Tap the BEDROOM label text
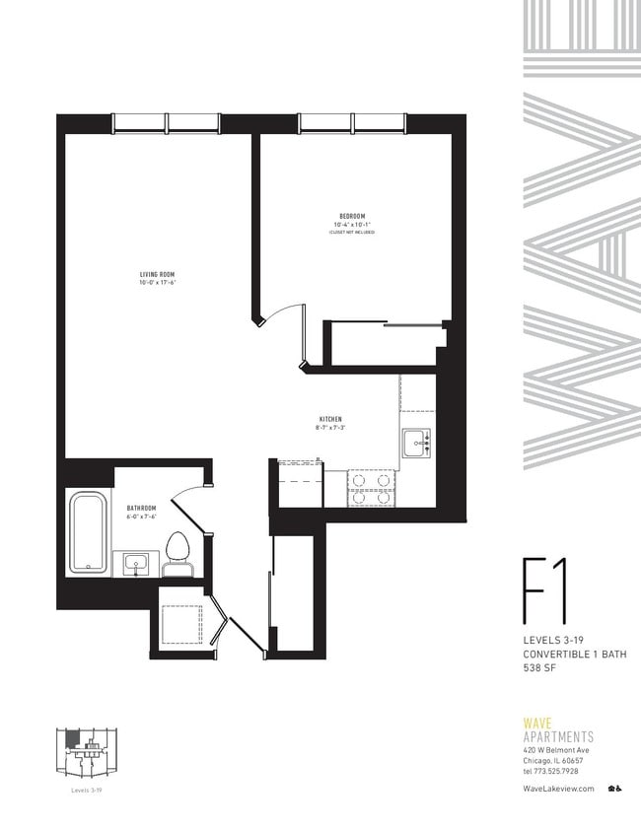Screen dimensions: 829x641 352,216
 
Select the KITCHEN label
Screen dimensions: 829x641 329,420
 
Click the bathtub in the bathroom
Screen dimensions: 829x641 88,531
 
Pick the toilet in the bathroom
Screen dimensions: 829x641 178,552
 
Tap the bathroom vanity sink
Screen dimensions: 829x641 134,564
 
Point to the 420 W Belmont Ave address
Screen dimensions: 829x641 559,751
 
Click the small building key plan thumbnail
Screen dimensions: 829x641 87,755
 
